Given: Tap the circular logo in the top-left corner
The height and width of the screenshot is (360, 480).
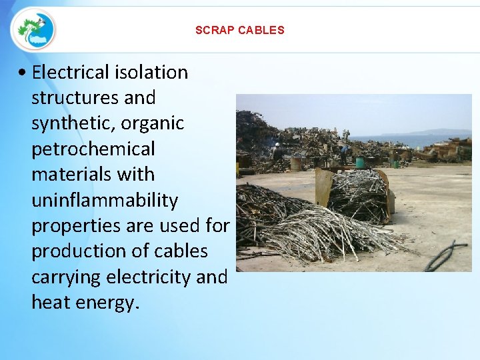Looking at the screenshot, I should tap(33, 29).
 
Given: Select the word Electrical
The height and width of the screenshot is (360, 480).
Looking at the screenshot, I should tap(73, 72).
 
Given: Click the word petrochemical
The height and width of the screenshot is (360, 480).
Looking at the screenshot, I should tap(93, 149).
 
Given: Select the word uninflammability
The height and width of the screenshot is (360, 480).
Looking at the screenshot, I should tap(105, 200).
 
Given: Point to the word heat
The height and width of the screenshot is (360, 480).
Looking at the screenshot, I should tap(51, 303).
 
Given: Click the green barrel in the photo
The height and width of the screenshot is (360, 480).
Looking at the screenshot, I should tap(360, 162).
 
